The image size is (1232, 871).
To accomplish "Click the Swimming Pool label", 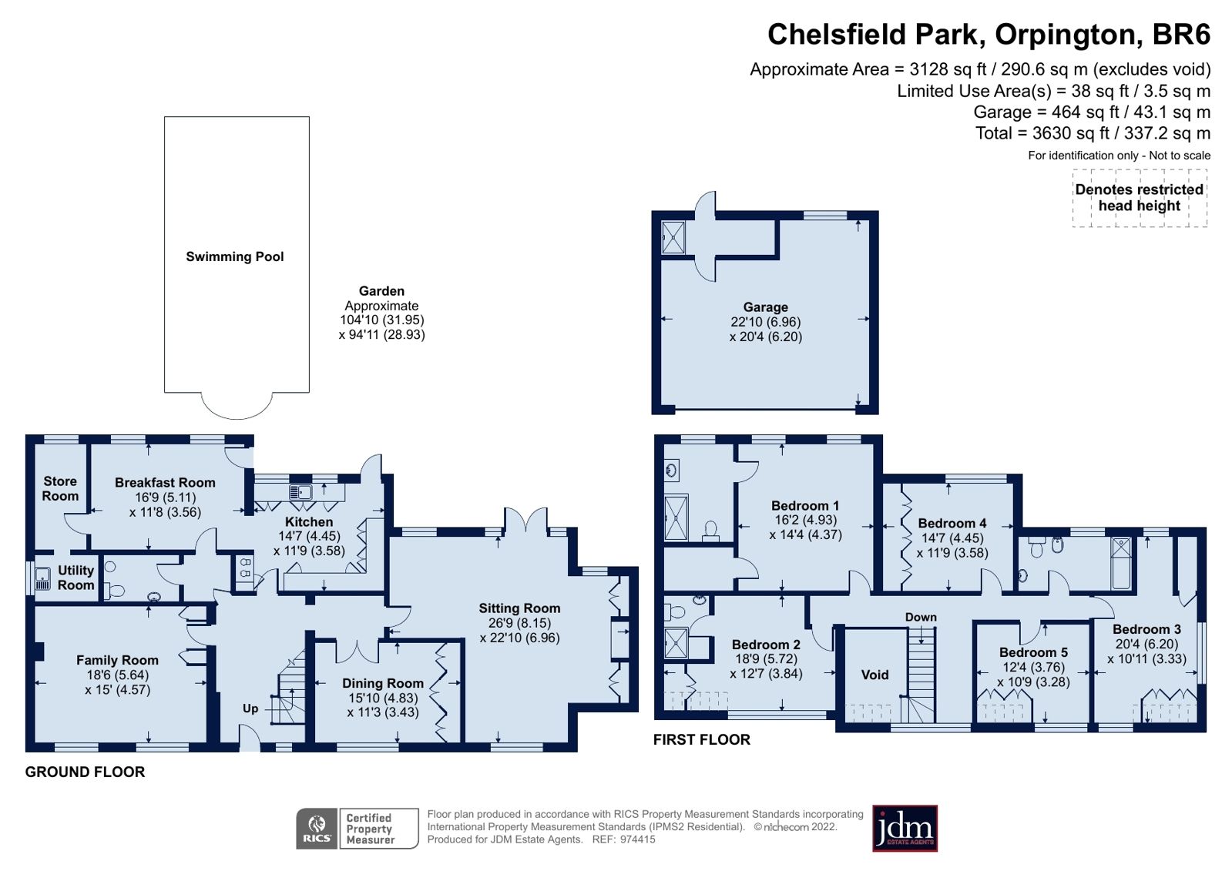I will click(234, 256).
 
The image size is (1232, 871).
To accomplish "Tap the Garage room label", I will click(765, 307).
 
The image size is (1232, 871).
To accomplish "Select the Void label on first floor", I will click(874, 675).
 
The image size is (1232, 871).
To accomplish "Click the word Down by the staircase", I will click(921, 617).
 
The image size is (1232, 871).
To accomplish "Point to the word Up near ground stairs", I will click(250, 709).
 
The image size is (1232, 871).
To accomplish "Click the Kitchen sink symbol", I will click(300, 492).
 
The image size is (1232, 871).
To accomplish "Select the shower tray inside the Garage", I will click(673, 238).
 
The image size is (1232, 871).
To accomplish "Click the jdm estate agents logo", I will click(905, 829).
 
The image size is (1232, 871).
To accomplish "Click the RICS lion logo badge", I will click(317, 829).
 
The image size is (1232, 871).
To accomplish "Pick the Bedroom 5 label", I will click(1033, 652).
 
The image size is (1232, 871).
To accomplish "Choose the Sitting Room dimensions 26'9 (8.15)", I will click(519, 623).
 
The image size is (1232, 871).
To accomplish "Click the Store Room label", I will click(60, 488).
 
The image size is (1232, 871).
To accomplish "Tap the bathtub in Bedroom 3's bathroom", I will click(1121, 561).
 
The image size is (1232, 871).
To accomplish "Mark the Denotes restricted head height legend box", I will click(1139, 198).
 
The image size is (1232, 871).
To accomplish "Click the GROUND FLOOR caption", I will click(85, 772).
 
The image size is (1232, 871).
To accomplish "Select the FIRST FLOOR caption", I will click(701, 739).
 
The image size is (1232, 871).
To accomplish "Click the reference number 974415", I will click(637, 839).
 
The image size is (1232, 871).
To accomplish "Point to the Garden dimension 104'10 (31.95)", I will click(381, 320).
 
